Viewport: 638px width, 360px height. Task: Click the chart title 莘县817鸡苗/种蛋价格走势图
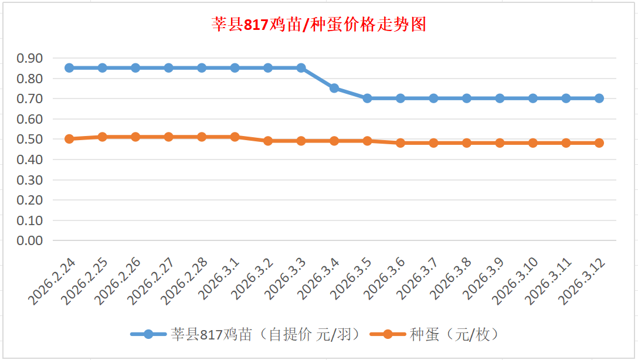point(318,25)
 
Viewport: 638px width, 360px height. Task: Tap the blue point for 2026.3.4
point(334,88)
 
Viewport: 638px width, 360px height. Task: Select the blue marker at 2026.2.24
point(69,68)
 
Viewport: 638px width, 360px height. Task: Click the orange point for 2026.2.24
point(69,139)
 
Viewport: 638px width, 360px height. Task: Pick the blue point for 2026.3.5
point(367,99)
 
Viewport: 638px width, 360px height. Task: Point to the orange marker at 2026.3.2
point(268,141)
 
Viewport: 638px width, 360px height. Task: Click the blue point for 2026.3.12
point(599,99)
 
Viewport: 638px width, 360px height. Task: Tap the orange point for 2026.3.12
point(599,143)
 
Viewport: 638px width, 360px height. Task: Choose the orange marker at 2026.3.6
point(401,143)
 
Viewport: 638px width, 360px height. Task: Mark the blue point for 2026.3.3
point(301,68)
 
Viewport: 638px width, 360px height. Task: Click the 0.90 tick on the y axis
point(30,58)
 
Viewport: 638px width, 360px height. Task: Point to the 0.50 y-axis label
point(30,139)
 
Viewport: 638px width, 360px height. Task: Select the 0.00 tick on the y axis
point(30,240)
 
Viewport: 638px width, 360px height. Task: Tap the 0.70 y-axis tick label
point(30,99)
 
